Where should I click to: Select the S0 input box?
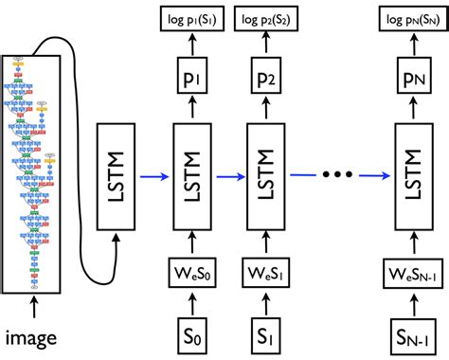tap(192, 333)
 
